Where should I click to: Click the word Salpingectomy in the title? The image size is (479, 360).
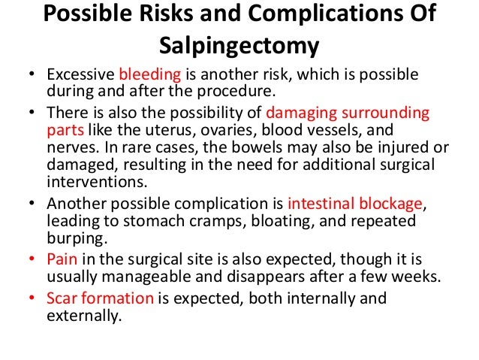tap(239, 47)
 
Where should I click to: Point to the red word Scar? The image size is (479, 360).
tap(61, 298)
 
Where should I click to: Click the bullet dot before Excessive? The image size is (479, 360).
tap(31, 77)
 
